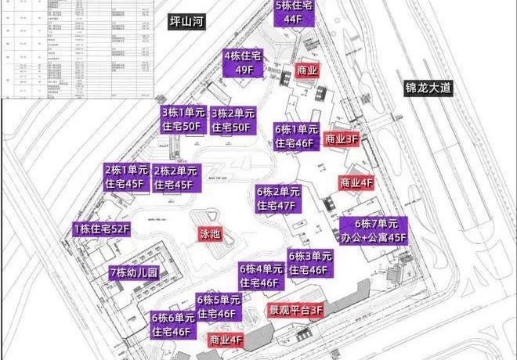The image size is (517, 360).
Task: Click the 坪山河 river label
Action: click(x=186, y=23)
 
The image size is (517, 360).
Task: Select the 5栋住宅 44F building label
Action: click(x=294, y=14)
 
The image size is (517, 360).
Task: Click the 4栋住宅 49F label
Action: click(x=244, y=62)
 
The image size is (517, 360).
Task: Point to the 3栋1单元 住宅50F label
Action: click(x=182, y=119)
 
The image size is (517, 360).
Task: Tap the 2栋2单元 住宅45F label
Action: click(x=175, y=177)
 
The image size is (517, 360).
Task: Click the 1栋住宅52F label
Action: click(x=101, y=229)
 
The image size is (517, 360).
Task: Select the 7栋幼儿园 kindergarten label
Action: click(x=134, y=273)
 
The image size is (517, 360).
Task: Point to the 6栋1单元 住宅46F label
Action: click(x=295, y=135)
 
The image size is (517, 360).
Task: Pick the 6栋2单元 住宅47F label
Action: click(x=278, y=199)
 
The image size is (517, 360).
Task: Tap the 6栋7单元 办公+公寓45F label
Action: click(x=373, y=230)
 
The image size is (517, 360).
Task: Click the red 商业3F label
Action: click(x=342, y=138)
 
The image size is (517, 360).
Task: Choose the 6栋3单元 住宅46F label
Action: click(x=309, y=263)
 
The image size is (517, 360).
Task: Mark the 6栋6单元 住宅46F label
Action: click(x=172, y=325)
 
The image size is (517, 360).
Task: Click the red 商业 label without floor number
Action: click(x=307, y=70)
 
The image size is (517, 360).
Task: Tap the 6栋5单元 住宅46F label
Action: click(x=218, y=306)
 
